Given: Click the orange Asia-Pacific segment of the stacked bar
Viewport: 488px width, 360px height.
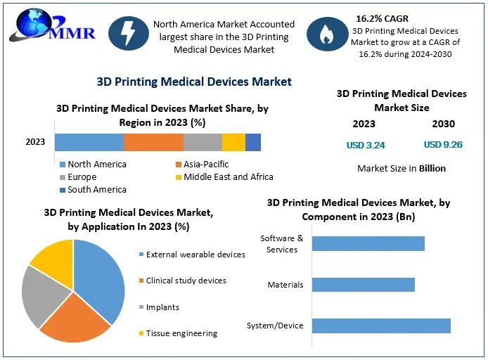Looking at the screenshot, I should click(x=153, y=142).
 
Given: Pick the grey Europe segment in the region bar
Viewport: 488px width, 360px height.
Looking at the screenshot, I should click(x=203, y=142).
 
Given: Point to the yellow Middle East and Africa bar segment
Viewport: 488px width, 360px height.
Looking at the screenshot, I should click(x=233, y=142).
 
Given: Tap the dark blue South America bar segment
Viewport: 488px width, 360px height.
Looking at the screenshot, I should click(x=253, y=142).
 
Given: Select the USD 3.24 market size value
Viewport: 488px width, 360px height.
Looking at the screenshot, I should click(x=366, y=146).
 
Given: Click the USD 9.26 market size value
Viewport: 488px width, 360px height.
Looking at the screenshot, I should click(x=442, y=146).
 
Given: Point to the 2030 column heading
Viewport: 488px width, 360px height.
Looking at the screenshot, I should click(x=443, y=124).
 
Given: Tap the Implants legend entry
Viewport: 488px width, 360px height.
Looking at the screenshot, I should click(x=162, y=307).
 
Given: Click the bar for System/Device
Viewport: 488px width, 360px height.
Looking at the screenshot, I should click(x=380, y=326).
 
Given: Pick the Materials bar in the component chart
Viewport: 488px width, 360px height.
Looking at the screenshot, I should click(x=363, y=285).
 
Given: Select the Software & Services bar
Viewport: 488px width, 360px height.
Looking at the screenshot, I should click(x=368, y=243).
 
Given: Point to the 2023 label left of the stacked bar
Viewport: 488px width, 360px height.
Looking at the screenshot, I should click(x=35, y=142).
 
